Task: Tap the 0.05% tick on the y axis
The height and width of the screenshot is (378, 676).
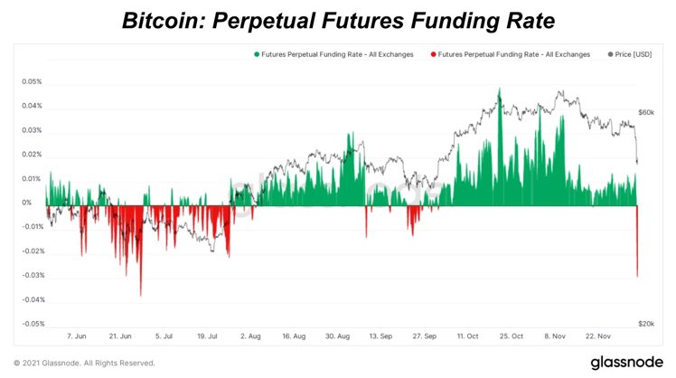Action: click(x=33, y=81)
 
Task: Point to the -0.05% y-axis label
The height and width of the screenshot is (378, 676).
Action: click(x=33, y=324)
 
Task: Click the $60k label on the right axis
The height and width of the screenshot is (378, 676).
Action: click(x=646, y=112)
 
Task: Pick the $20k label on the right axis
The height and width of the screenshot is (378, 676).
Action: click(x=646, y=324)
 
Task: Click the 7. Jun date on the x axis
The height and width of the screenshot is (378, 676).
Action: click(x=76, y=336)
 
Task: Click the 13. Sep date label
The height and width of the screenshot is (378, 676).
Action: click(x=380, y=336)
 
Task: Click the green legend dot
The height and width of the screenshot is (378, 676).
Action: click(x=257, y=54)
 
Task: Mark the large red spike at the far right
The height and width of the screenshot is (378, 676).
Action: click(x=637, y=262)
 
